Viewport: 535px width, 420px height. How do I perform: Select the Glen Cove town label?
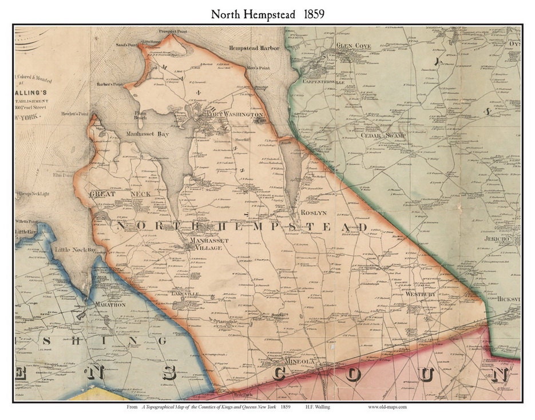click(x=354, y=46)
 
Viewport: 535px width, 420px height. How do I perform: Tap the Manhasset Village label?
click(x=208, y=244)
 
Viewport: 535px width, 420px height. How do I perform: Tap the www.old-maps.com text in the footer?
click(x=387, y=407)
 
